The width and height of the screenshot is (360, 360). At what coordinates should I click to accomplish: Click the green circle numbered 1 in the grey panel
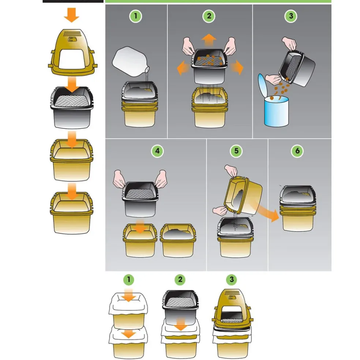(135, 16)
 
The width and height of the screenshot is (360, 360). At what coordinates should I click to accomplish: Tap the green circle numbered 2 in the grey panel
(209, 16)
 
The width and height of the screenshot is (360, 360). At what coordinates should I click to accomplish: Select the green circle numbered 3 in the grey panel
(291, 16)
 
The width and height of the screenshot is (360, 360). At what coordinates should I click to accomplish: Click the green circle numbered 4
(157, 151)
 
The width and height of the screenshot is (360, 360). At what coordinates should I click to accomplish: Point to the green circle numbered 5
(236, 151)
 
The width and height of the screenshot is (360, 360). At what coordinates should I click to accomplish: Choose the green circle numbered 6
(297, 151)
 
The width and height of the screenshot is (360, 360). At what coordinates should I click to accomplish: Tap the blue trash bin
(276, 111)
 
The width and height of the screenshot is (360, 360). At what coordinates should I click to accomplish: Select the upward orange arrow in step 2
(209, 40)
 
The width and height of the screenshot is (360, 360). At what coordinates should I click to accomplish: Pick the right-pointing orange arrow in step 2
(236, 68)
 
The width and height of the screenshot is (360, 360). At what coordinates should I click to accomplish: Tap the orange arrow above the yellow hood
(72, 15)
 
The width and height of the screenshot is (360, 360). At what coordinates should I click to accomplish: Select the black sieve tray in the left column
(72, 108)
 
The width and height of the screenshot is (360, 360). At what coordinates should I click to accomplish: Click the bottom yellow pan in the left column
(72, 213)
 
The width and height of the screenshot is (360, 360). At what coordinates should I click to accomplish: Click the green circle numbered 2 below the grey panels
(180, 280)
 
